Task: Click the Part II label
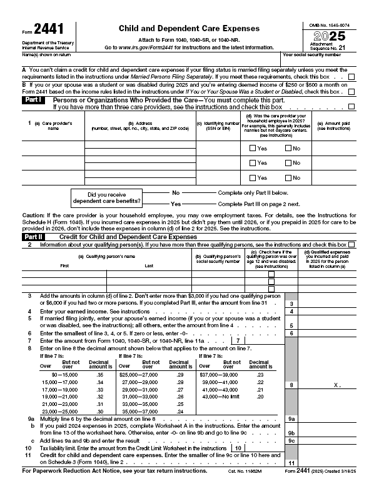point(33,237)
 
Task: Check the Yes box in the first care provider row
point(253,148)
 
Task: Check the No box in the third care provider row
point(288,177)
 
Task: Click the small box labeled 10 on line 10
point(238,448)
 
